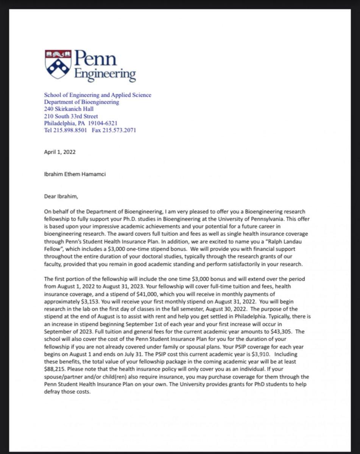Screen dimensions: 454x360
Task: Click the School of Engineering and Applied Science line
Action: pos(98,95)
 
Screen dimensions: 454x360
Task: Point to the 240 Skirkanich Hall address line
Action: pos(69,109)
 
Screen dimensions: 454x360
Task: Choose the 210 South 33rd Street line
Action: pos(71,116)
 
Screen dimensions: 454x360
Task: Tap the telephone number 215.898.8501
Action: pos(71,131)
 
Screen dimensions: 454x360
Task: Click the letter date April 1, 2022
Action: pos(60,152)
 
